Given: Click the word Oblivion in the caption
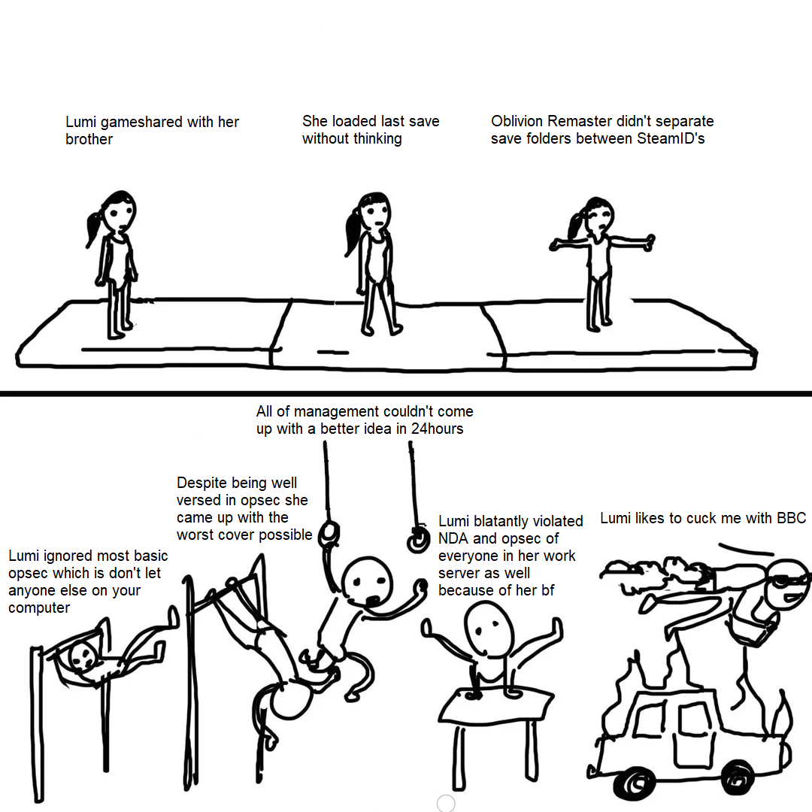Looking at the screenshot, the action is (x=517, y=121).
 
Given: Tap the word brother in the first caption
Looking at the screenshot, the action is (x=89, y=139).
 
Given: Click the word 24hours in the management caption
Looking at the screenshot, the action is (x=437, y=429).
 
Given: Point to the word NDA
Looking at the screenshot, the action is (x=453, y=538).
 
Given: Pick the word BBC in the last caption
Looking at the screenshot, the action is (x=791, y=518).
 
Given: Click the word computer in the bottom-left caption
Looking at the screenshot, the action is (x=39, y=608).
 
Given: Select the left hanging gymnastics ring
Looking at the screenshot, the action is (x=329, y=533).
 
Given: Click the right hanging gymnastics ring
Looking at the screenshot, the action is (x=418, y=540).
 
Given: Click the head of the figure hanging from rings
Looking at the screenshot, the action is (x=367, y=581).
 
